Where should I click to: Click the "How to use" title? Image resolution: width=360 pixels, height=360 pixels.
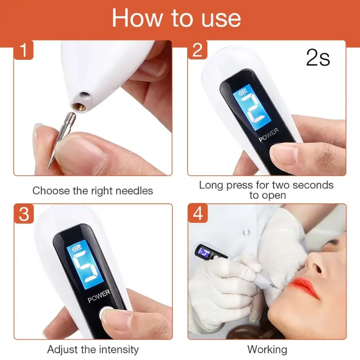(x=176, y=18)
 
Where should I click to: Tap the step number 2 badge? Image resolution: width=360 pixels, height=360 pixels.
(x=198, y=50)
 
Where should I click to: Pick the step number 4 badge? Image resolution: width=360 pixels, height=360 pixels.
(x=198, y=214)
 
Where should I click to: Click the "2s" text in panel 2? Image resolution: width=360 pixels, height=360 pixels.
(x=318, y=58)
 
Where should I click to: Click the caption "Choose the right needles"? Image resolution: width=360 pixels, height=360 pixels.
(x=93, y=190)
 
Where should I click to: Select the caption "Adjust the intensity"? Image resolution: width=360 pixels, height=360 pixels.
(x=93, y=349)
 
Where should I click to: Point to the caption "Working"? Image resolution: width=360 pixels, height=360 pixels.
(x=267, y=349)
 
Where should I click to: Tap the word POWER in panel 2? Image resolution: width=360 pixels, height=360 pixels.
(x=269, y=135)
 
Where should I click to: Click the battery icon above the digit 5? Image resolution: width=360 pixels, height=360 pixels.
(x=72, y=248)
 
